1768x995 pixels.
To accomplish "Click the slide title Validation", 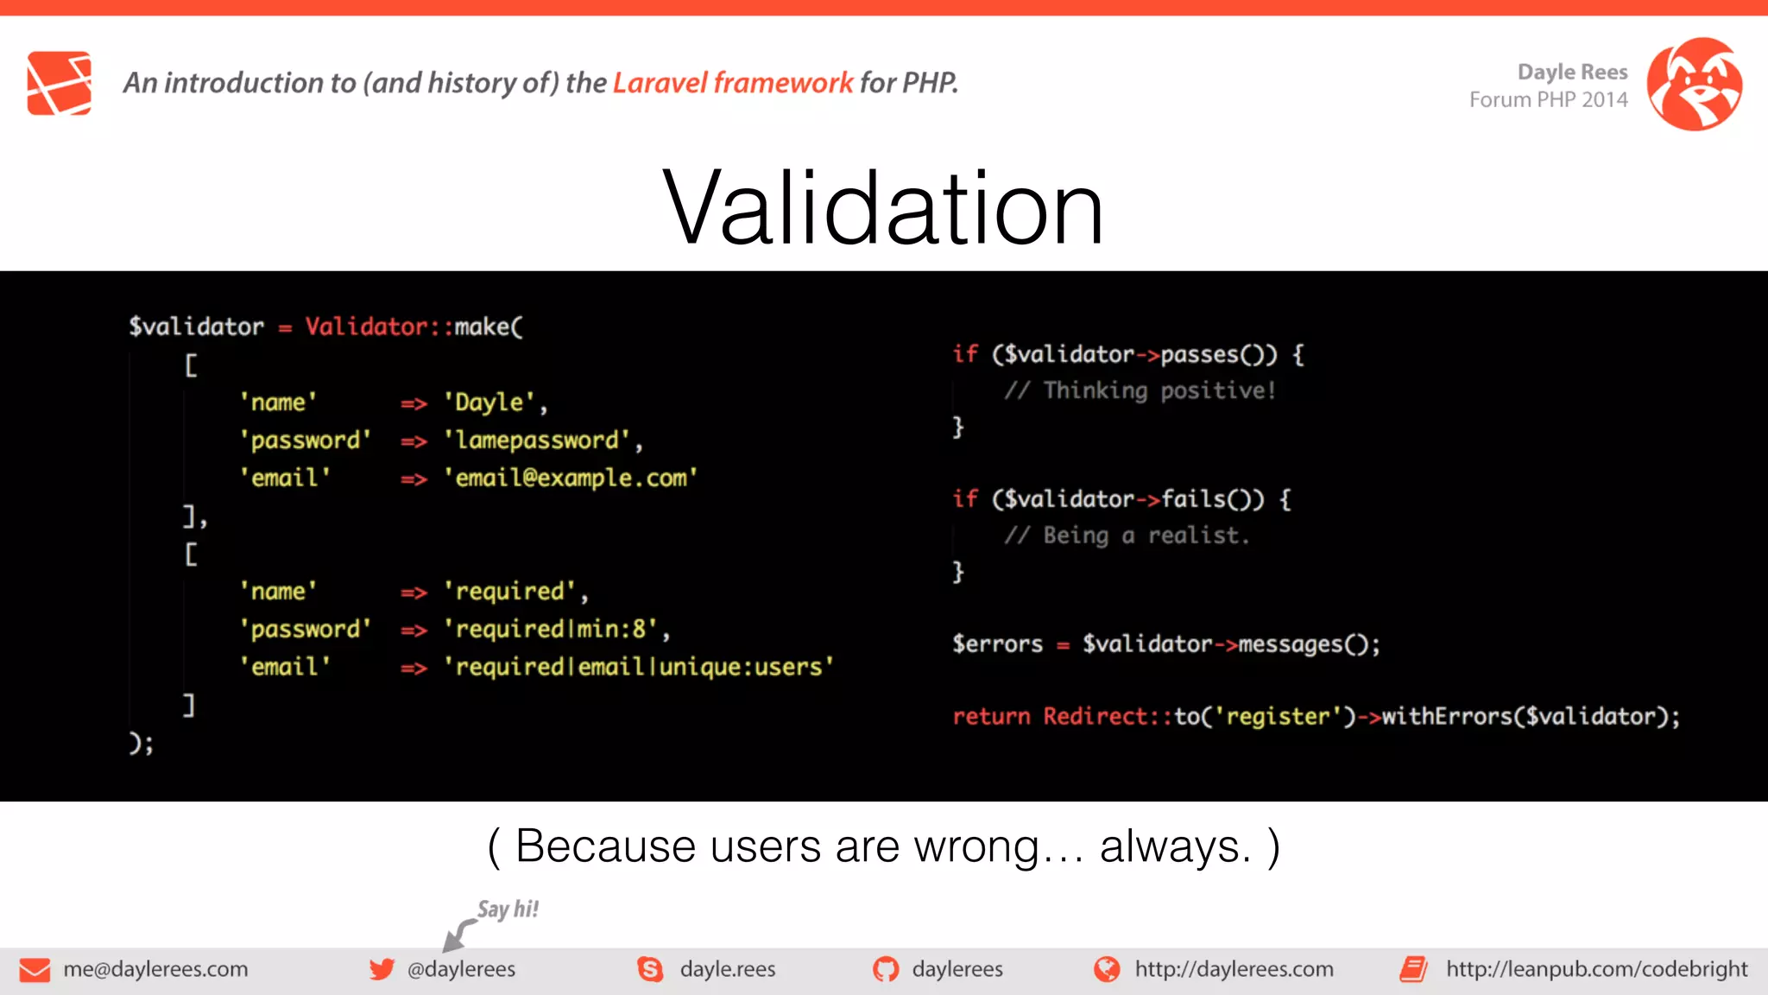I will coord(882,208).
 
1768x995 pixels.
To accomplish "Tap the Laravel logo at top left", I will coord(59,83).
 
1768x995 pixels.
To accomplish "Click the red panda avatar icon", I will coord(1694,84).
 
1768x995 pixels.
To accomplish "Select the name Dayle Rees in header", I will coord(1572,72).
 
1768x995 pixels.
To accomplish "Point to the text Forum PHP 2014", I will coord(1548,100).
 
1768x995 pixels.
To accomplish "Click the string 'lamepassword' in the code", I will coord(537,440).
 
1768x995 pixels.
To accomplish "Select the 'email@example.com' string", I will coord(570,478).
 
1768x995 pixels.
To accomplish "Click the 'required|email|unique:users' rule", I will coord(639,668).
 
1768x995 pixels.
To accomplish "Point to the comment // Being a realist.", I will coord(1127,536).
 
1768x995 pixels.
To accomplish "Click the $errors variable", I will coord(997,644).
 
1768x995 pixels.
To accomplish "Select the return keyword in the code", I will coord(991,717).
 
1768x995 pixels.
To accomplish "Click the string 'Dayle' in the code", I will coord(489,402).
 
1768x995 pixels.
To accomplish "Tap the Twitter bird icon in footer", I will coord(381,969).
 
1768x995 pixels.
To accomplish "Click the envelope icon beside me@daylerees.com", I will coord(35,970).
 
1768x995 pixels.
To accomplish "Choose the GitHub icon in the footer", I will coord(885,970).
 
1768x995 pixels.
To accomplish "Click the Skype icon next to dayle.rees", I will coord(650,970).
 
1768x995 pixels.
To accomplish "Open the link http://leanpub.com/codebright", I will coord(1596,969).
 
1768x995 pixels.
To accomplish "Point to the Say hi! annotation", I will coord(508,909).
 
